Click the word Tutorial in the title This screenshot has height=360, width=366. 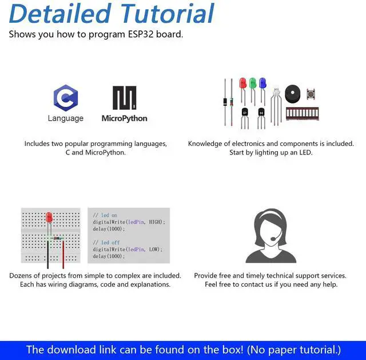165,14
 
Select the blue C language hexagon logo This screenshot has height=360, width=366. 65,97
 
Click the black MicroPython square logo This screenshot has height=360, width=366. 124,98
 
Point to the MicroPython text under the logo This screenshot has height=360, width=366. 124,118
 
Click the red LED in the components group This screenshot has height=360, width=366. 242,84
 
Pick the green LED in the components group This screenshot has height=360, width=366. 252,84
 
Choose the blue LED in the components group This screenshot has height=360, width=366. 262,84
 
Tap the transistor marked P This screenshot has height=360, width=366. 245,113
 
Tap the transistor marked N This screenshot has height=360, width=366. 261,113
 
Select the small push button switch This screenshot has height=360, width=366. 312,93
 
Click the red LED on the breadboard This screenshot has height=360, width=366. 49,218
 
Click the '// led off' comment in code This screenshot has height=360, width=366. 105,243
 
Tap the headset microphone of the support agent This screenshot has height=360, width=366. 273,239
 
